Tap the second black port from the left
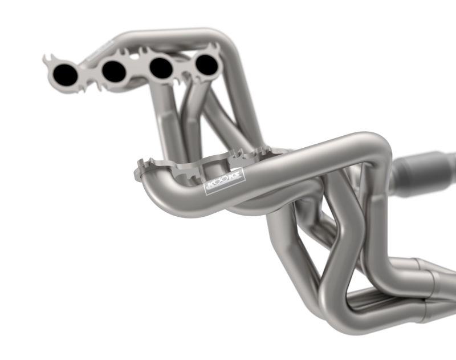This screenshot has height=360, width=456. [114, 70]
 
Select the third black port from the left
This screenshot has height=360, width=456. [161, 68]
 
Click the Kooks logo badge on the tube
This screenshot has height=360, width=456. [225, 181]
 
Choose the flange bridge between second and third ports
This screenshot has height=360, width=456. [137, 70]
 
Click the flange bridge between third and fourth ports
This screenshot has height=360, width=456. [184, 67]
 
